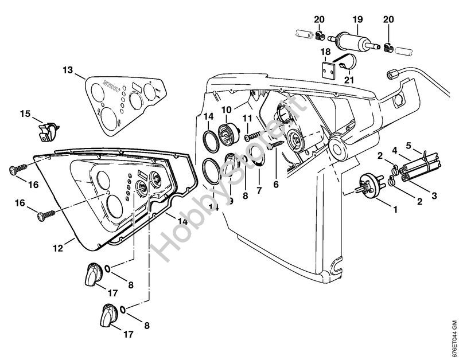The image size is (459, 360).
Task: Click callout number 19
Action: [x=357, y=19]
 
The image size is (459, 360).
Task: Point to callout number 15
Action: [x=25, y=114]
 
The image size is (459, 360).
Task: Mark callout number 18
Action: [x=325, y=52]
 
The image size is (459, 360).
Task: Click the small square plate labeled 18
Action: [x=329, y=71]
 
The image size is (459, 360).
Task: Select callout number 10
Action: [x=226, y=109]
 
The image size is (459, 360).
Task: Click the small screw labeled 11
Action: [x=251, y=137]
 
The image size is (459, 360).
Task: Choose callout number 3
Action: [x=434, y=195]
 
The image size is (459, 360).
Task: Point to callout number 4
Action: [x=395, y=151]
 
